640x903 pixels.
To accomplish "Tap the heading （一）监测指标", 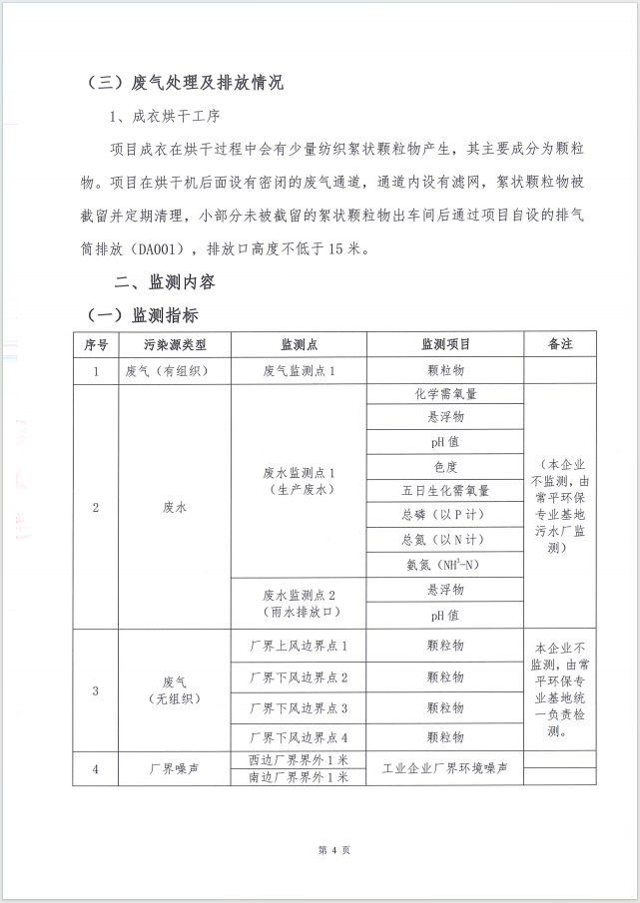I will click(142, 315).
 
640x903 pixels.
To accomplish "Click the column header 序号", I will click(95, 344).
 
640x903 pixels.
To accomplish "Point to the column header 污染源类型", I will click(174, 344).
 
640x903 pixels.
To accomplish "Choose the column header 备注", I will click(560, 344).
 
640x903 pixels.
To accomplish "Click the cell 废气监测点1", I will click(299, 370).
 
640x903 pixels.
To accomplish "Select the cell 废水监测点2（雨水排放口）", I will click(299, 602).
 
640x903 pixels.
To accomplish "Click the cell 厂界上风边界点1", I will click(299, 647).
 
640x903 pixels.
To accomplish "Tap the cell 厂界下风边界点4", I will click(299, 737).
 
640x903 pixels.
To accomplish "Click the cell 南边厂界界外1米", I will click(299, 777).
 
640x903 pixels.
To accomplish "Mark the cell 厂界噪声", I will click(174, 769).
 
